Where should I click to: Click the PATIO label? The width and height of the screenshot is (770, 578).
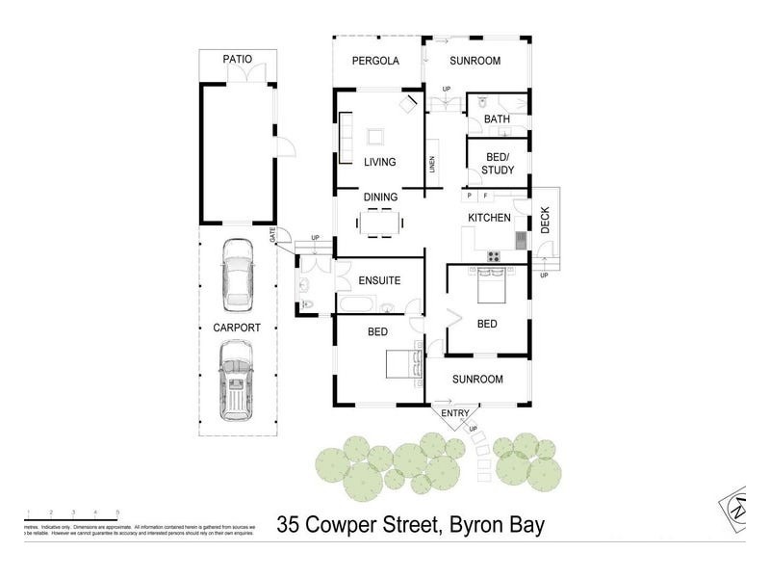tap(238, 60)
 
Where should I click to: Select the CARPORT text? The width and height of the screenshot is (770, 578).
tap(237, 328)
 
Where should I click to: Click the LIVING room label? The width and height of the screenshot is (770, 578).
tap(380, 162)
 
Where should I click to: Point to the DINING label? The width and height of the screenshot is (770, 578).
tap(381, 197)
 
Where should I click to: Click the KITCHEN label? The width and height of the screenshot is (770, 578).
tap(489, 219)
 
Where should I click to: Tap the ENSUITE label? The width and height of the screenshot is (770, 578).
tap(378, 281)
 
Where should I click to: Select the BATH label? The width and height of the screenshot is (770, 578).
tap(497, 119)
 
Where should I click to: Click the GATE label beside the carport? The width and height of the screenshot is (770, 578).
tap(272, 234)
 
